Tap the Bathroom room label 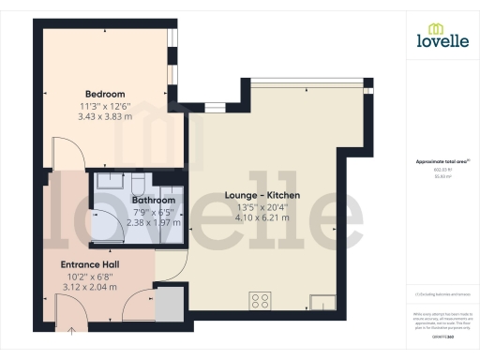(153, 200)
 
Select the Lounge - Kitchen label (262, 195)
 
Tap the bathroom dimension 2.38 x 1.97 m (153, 222)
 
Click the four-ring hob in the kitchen (260, 301)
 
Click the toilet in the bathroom (138, 182)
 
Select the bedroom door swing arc (58, 153)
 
